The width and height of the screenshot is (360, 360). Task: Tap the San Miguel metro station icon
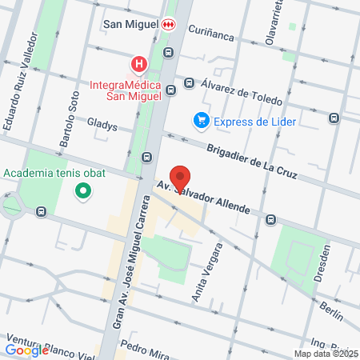click(168, 25)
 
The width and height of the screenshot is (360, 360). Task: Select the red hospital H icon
click(140, 63)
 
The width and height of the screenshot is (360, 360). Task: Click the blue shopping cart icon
click(201, 121)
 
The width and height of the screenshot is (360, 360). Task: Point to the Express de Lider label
click(254, 121)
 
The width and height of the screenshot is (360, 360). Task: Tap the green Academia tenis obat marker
click(82, 191)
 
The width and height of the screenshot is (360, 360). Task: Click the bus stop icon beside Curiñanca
click(167, 53)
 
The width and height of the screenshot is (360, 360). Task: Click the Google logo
click(26, 350)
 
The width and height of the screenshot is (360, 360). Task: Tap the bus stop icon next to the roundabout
click(41, 213)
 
